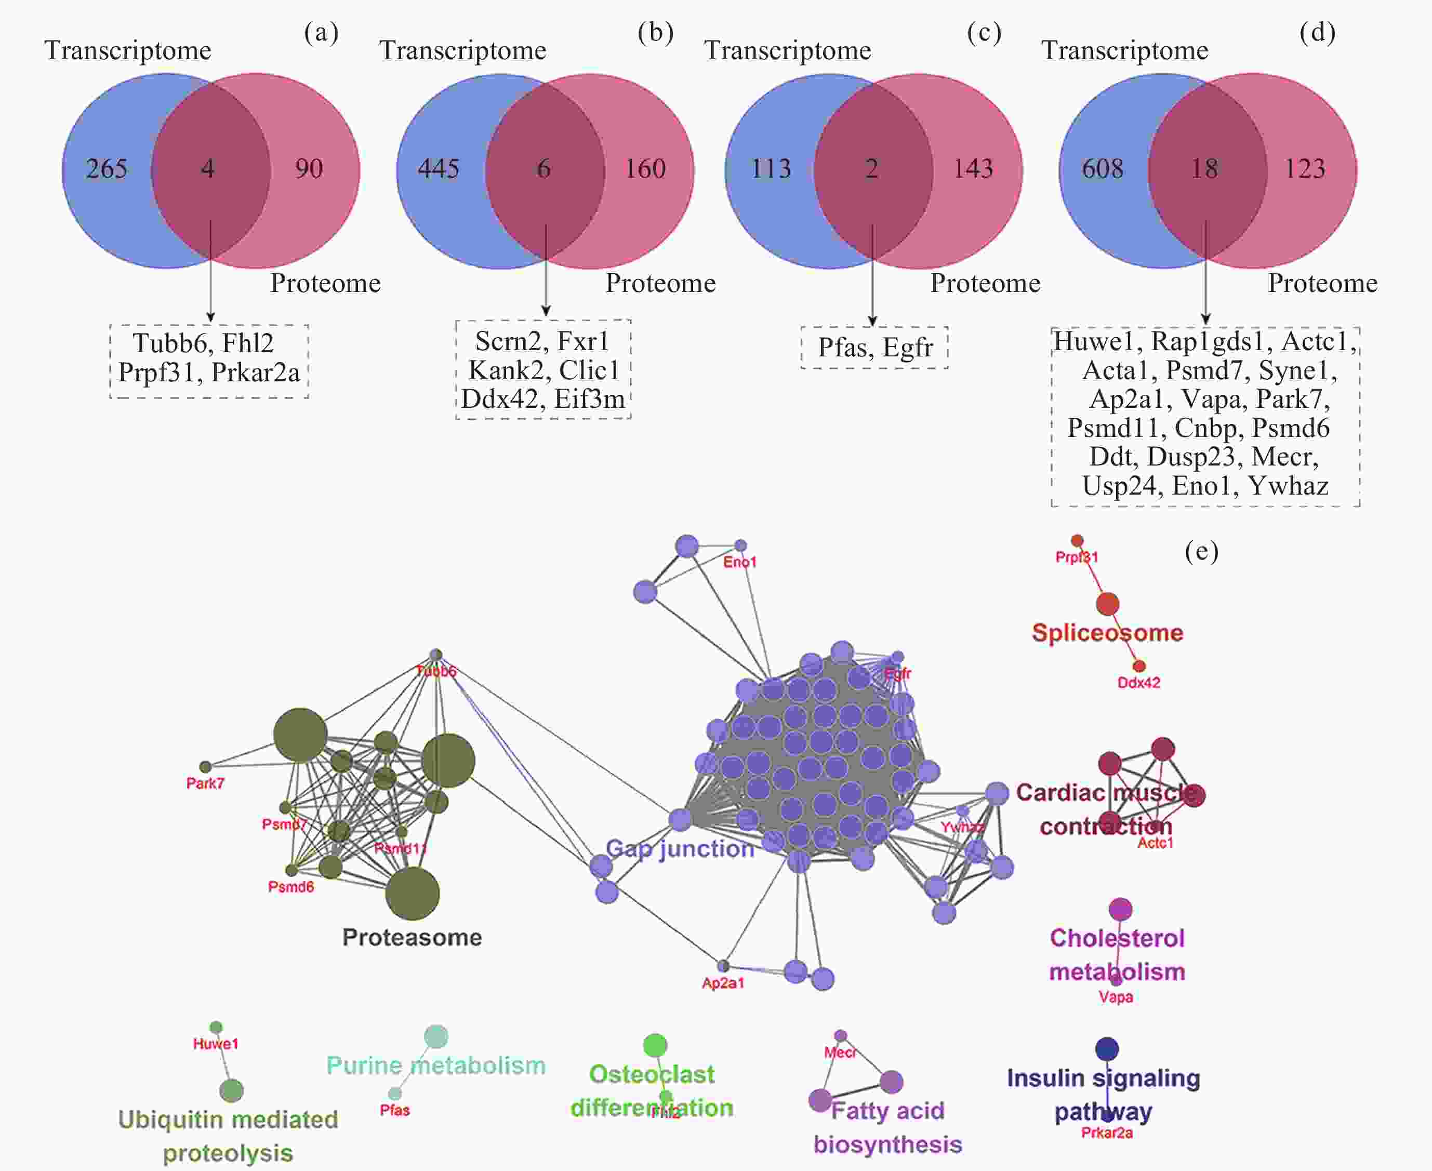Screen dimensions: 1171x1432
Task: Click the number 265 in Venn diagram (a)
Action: tap(107, 169)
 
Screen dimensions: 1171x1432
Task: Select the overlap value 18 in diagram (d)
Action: tap(1205, 169)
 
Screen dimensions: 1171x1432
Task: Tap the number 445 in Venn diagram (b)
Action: tap(439, 169)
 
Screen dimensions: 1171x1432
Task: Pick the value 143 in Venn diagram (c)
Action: tap(973, 169)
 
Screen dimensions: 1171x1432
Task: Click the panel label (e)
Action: tap(1201, 551)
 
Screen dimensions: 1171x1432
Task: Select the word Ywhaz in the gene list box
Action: tap(1288, 486)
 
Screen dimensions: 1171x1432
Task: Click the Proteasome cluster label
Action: tap(412, 937)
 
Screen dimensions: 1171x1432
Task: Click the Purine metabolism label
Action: tap(436, 1065)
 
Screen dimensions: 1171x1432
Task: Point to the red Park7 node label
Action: tap(205, 783)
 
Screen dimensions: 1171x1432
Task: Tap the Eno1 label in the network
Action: tap(740, 562)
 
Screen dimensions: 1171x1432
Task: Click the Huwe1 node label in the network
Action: tap(216, 1044)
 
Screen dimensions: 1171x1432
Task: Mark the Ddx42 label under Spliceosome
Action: tap(1138, 683)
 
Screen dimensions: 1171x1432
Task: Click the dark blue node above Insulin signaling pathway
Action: tap(1107, 1049)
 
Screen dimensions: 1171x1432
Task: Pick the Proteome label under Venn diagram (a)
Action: tap(325, 283)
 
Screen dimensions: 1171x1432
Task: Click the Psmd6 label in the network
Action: tap(291, 886)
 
